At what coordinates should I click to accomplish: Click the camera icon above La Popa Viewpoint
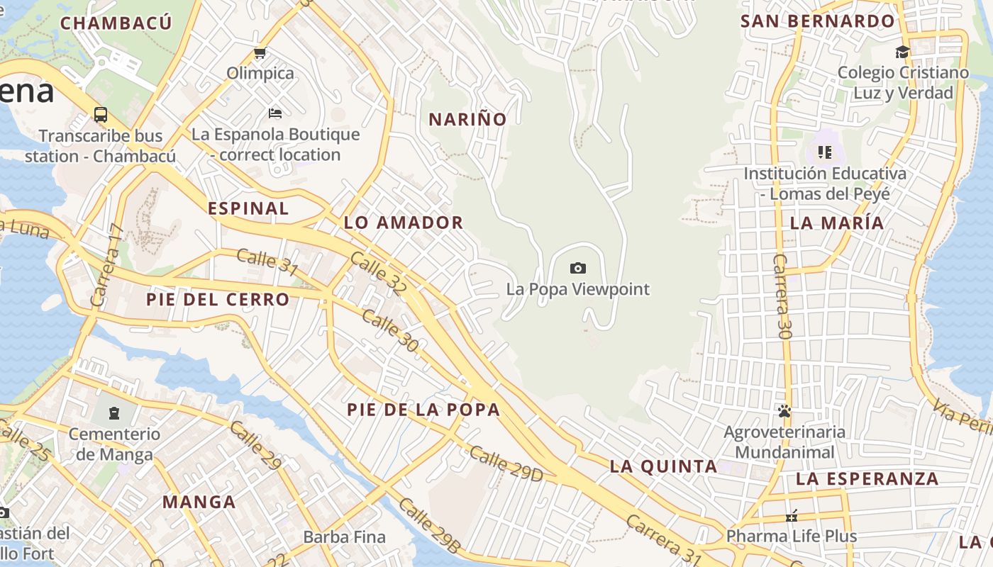(578, 268)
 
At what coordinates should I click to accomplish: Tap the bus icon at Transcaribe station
(101, 115)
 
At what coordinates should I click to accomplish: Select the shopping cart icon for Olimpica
(260, 52)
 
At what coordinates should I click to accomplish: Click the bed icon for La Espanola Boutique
(275, 113)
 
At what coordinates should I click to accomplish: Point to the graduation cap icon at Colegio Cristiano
(902, 52)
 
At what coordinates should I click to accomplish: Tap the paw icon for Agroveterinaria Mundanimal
(784, 411)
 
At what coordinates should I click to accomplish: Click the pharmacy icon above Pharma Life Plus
(792, 516)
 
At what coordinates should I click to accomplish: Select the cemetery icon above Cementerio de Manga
(113, 413)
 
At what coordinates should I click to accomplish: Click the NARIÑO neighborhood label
(467, 119)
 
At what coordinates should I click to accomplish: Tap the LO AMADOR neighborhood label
(403, 223)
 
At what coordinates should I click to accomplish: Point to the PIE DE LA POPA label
(423, 409)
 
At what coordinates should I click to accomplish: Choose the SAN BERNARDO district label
(818, 21)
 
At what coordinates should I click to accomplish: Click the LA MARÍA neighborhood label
(837, 223)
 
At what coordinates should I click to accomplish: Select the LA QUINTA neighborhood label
(664, 466)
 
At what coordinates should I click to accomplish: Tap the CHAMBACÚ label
(116, 23)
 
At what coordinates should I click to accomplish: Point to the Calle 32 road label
(379, 276)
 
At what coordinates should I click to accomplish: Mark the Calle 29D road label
(506, 464)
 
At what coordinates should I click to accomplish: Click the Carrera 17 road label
(107, 265)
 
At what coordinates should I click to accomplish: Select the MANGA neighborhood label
(199, 502)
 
